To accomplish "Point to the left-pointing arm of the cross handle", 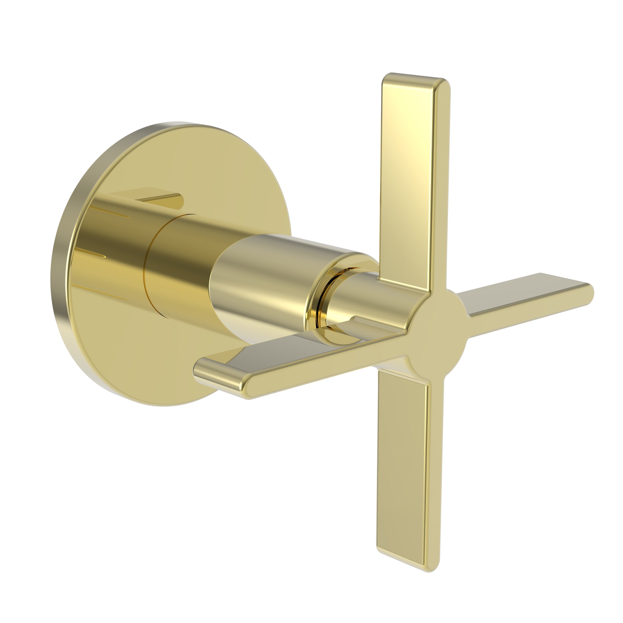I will [290, 361].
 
